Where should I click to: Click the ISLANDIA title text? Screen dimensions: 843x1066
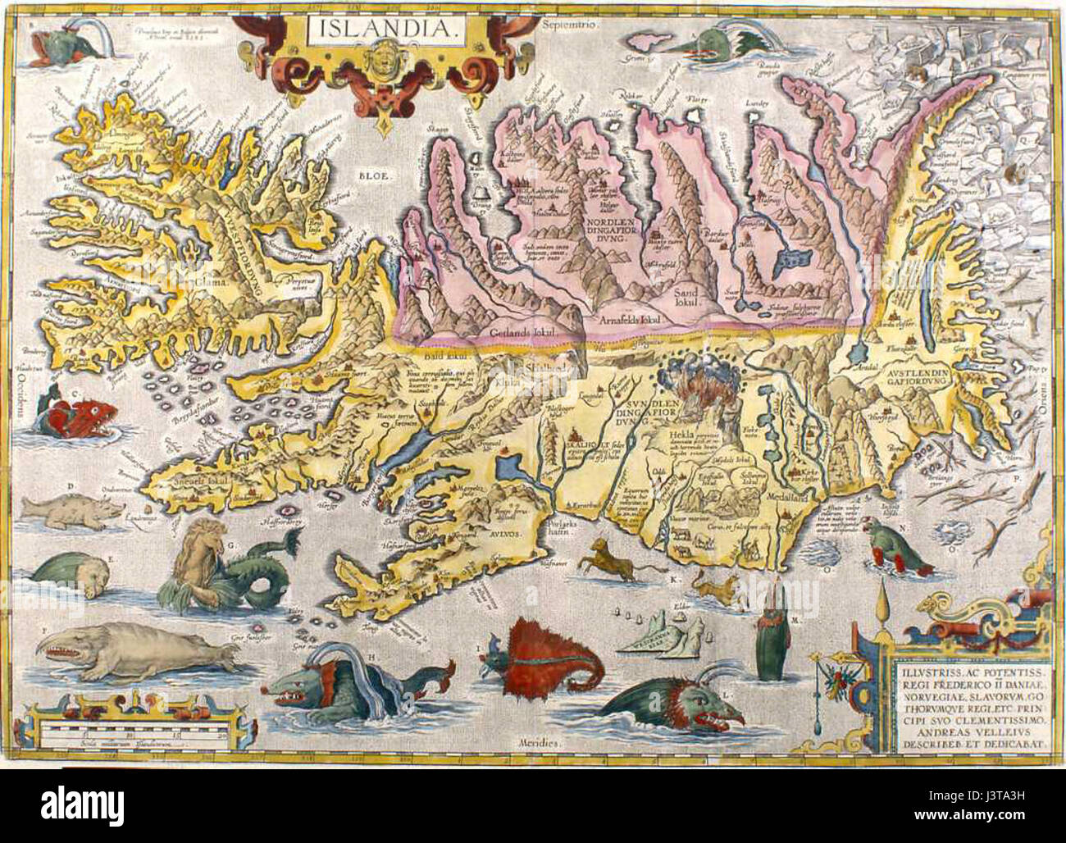tap(384, 32)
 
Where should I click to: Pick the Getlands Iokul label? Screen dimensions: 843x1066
tap(517, 332)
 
